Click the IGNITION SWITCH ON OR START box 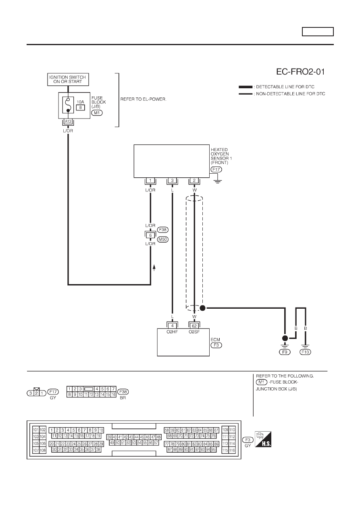68,79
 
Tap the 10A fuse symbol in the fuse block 68,105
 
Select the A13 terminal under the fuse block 68,122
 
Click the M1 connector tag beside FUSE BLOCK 97,113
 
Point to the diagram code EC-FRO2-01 300,72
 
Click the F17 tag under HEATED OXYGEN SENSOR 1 216,169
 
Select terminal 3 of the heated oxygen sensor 172,181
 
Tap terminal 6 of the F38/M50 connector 150,235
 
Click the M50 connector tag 163,239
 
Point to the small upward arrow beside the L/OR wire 154,268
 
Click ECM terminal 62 194,326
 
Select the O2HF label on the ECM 172,332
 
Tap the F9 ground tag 285,352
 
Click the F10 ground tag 305,352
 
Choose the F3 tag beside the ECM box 216,345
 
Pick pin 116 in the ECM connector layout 232,450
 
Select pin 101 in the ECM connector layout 36,430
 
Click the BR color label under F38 123,398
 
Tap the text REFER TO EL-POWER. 143,99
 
